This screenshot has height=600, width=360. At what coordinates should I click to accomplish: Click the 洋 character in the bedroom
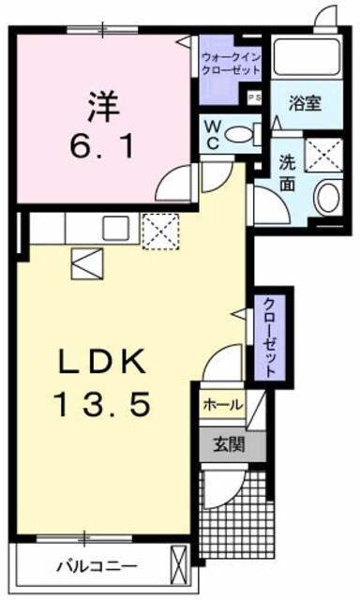105,106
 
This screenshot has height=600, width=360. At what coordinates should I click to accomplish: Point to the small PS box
253,97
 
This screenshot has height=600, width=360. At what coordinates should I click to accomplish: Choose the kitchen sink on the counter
117,227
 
